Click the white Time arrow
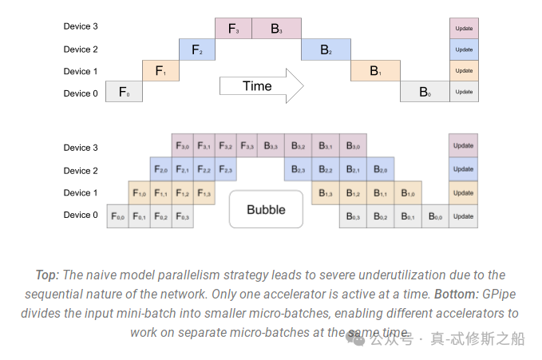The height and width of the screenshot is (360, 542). click(260, 86)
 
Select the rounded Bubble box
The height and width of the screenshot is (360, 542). click(266, 210)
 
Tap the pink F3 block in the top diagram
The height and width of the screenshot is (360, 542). click(233, 29)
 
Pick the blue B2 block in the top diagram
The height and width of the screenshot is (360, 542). click(326, 50)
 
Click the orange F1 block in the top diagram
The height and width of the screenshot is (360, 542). click(160, 71)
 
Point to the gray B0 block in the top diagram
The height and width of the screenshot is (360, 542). click(425, 93)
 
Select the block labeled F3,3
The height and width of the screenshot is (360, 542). click(247, 146)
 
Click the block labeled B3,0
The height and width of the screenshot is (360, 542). click(353, 146)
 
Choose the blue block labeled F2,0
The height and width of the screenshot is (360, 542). click(161, 170)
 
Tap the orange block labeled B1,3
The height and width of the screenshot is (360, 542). click(325, 192)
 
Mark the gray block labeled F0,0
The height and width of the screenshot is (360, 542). click(118, 216)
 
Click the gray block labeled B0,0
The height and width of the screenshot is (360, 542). click(435, 216)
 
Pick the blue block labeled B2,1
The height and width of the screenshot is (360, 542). click(353, 170)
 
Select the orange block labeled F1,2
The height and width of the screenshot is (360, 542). click(183, 192)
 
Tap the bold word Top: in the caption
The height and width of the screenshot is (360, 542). click(47, 275)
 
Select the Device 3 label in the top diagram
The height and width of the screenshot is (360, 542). click(81, 26)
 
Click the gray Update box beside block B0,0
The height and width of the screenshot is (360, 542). click(463, 216)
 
